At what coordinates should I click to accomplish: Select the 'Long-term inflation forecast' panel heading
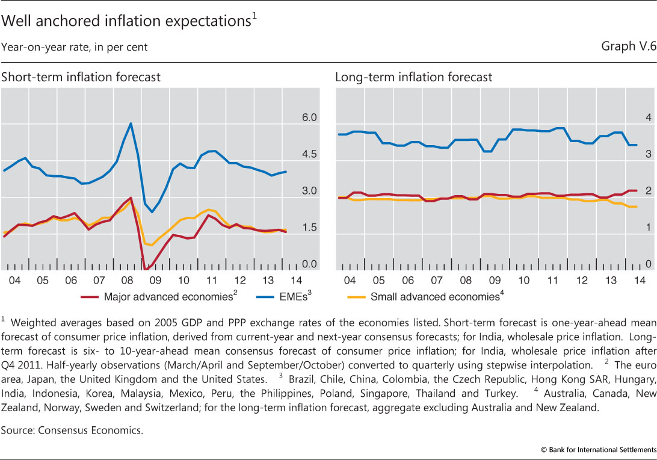(x=413, y=77)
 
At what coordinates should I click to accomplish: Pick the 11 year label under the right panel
(x=551, y=281)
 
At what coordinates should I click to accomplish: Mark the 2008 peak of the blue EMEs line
(x=131, y=123)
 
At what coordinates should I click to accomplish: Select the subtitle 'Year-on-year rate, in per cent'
(x=75, y=46)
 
